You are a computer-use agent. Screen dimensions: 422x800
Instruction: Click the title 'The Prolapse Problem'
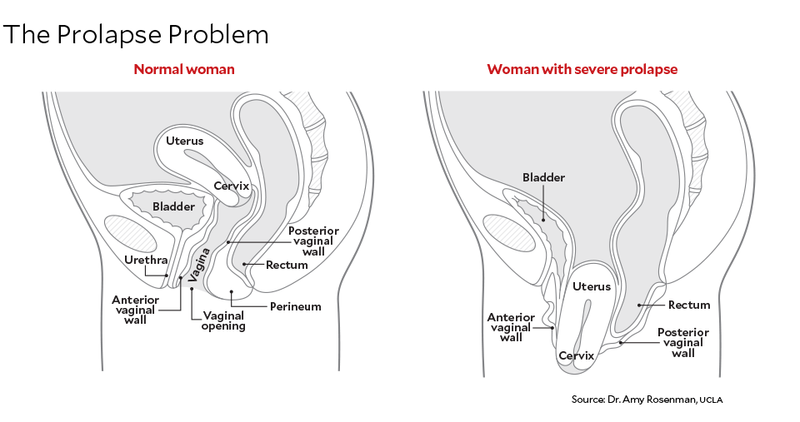(137, 35)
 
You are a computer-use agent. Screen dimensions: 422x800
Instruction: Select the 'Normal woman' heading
(184, 69)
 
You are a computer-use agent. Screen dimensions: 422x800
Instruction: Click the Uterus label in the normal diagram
(184, 141)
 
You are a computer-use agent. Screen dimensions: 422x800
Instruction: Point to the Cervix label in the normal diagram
(231, 186)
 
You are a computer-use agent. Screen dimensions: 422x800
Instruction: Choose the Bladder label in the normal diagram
(174, 206)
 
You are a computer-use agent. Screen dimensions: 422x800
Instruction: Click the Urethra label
(147, 260)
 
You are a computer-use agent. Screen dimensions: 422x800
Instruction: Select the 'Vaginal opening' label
(223, 320)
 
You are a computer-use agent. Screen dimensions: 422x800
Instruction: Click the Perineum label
(295, 306)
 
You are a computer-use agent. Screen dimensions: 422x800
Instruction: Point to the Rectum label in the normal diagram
(287, 265)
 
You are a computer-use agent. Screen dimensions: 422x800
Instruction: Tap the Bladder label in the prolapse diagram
(543, 177)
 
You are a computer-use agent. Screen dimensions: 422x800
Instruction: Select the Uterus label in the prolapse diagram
(592, 286)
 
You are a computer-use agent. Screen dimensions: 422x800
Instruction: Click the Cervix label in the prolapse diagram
(576, 355)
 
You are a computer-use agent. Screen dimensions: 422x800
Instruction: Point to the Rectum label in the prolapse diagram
(688, 305)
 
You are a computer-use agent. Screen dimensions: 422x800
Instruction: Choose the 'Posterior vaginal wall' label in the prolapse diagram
(683, 342)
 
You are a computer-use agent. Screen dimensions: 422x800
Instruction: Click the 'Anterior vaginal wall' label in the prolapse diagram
(511, 327)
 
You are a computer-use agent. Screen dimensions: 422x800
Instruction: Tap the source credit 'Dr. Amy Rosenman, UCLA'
(647, 400)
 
